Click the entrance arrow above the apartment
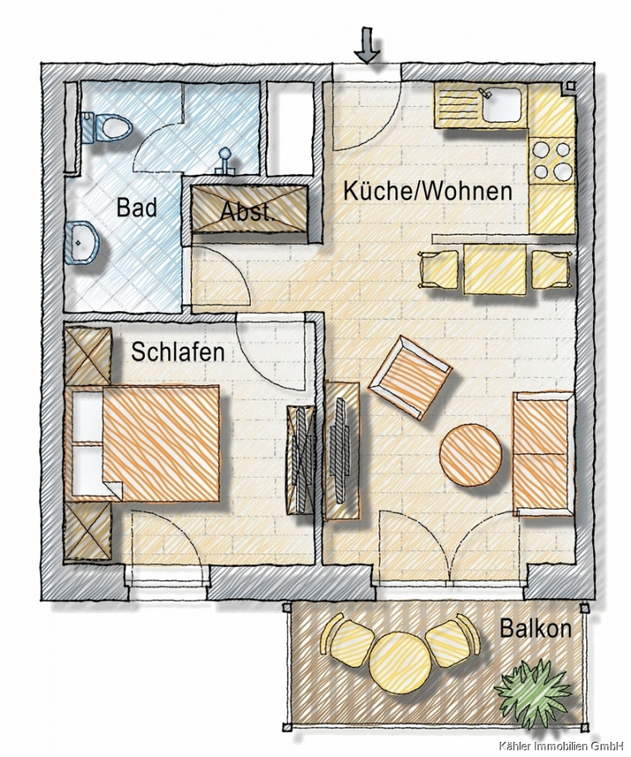(367, 45)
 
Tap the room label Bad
(136, 208)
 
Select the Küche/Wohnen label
(427, 191)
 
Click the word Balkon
(535, 628)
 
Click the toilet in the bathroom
(107, 128)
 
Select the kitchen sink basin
(502, 104)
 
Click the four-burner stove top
(552, 160)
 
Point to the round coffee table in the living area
(469, 455)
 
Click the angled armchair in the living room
(410, 378)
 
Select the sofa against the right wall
(544, 453)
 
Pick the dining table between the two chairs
(495, 268)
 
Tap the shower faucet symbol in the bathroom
(225, 161)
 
